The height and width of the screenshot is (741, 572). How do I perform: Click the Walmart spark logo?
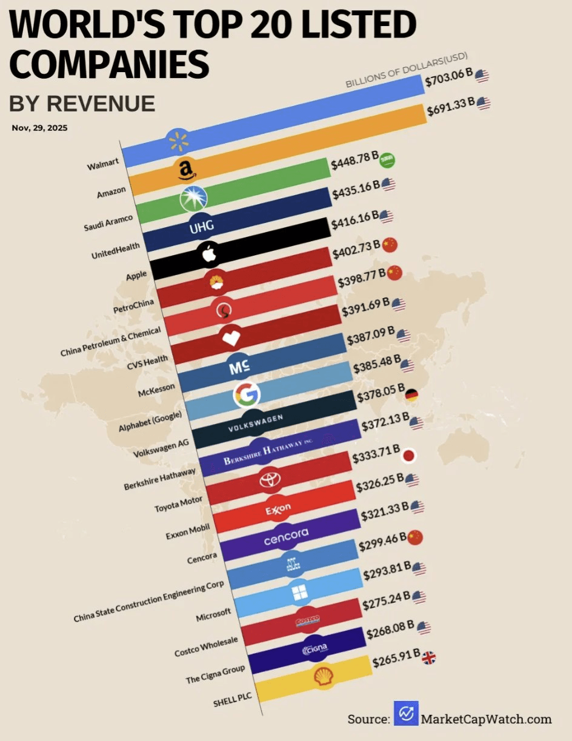coord(179,142)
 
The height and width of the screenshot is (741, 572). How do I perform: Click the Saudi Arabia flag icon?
coord(387,161)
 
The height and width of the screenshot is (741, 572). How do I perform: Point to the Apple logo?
coord(209,254)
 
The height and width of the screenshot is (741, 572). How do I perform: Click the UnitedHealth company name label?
coord(115,248)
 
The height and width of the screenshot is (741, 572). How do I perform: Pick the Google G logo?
coord(246,395)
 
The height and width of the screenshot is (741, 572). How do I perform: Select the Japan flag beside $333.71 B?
coord(410,455)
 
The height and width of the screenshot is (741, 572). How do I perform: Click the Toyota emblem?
coord(267,480)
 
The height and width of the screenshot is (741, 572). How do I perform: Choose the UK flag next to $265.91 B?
coord(430,658)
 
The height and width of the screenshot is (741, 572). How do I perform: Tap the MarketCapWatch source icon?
coord(406,713)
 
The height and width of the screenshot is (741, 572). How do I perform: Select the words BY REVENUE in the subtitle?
coord(82,104)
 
